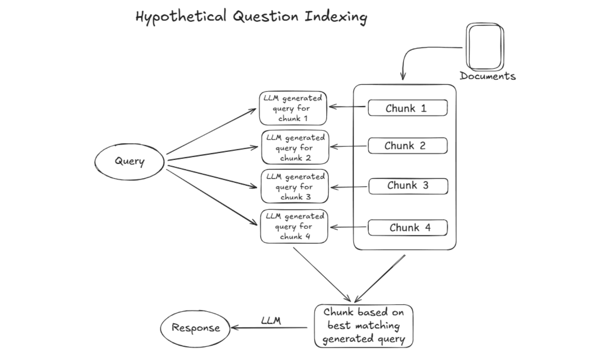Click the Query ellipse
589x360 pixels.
click(129, 162)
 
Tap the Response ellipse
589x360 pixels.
click(195, 329)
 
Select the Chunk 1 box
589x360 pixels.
click(408, 108)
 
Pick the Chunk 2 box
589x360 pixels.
click(408, 146)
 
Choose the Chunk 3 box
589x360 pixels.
click(408, 186)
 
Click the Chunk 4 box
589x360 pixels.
click(408, 228)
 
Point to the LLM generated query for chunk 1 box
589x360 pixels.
click(293, 108)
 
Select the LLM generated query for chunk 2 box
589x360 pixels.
click(295, 147)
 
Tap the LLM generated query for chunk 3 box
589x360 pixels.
click(295, 186)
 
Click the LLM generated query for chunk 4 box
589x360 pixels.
click(294, 226)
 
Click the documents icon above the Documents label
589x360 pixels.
click(485, 47)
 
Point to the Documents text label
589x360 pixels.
click(488, 76)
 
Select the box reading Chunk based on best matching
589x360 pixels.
click(364, 326)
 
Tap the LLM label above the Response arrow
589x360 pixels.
click(271, 320)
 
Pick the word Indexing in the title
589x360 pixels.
click(336, 17)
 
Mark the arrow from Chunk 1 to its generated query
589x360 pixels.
click(347, 106)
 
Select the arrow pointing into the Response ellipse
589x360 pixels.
click(269, 328)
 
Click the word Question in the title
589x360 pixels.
click(266, 16)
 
